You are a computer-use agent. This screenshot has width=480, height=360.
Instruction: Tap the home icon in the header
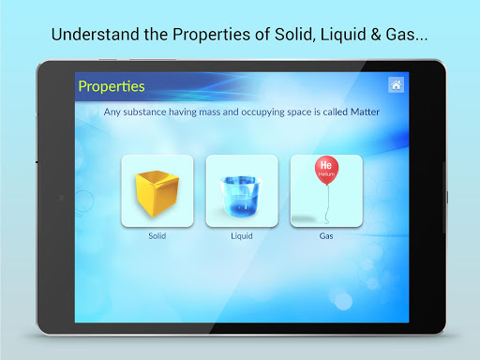tap(396, 85)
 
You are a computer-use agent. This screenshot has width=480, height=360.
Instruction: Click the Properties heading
tap(112, 86)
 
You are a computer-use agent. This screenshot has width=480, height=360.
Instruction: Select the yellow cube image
tap(157, 191)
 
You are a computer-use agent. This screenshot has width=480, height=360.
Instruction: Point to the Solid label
tap(157, 236)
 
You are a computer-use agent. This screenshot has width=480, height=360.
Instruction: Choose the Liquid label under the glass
tap(242, 236)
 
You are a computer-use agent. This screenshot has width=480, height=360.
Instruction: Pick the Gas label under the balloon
tap(326, 236)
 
